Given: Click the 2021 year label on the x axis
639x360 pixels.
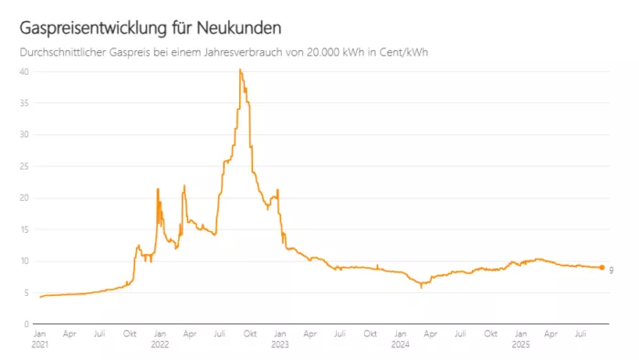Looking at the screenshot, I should [40, 345].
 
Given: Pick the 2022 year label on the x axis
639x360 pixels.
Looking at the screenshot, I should [160, 345].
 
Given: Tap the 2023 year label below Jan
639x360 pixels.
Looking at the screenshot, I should [279, 345].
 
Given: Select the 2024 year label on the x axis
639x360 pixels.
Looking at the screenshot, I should [400, 345].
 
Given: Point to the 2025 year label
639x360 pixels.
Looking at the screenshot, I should [520, 345].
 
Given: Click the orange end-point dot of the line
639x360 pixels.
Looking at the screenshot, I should [602, 268].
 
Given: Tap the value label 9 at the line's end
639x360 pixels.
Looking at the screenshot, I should [611, 270].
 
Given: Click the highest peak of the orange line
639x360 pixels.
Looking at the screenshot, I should [240, 69].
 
